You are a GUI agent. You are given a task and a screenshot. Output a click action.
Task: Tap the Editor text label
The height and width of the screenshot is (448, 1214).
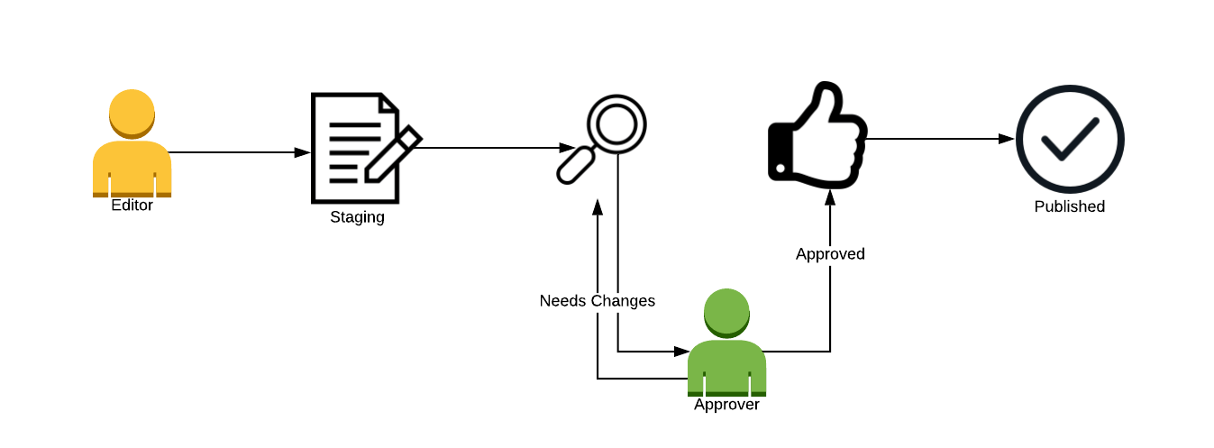(x=132, y=206)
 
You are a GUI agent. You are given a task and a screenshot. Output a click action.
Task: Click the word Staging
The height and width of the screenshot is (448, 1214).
(x=357, y=217)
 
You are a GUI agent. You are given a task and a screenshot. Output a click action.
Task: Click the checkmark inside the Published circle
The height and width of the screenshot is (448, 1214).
(x=1069, y=139)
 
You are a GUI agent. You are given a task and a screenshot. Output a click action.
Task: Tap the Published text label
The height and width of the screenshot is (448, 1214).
(x=1069, y=206)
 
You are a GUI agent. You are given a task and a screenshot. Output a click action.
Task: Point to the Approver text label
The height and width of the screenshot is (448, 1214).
(x=726, y=405)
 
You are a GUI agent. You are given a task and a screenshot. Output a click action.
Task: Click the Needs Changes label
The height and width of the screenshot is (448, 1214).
(x=597, y=301)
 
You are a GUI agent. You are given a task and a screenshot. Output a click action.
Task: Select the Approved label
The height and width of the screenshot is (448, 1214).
(x=830, y=254)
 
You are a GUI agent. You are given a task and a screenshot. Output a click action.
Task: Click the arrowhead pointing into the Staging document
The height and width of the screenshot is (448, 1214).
(x=303, y=152)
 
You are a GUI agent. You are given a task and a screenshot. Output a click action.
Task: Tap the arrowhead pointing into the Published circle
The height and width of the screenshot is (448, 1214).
(x=1007, y=139)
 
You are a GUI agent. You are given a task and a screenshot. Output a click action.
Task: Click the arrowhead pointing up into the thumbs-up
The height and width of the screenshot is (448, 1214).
(x=830, y=197)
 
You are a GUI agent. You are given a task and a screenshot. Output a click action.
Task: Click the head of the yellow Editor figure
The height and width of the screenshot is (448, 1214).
(x=132, y=113)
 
